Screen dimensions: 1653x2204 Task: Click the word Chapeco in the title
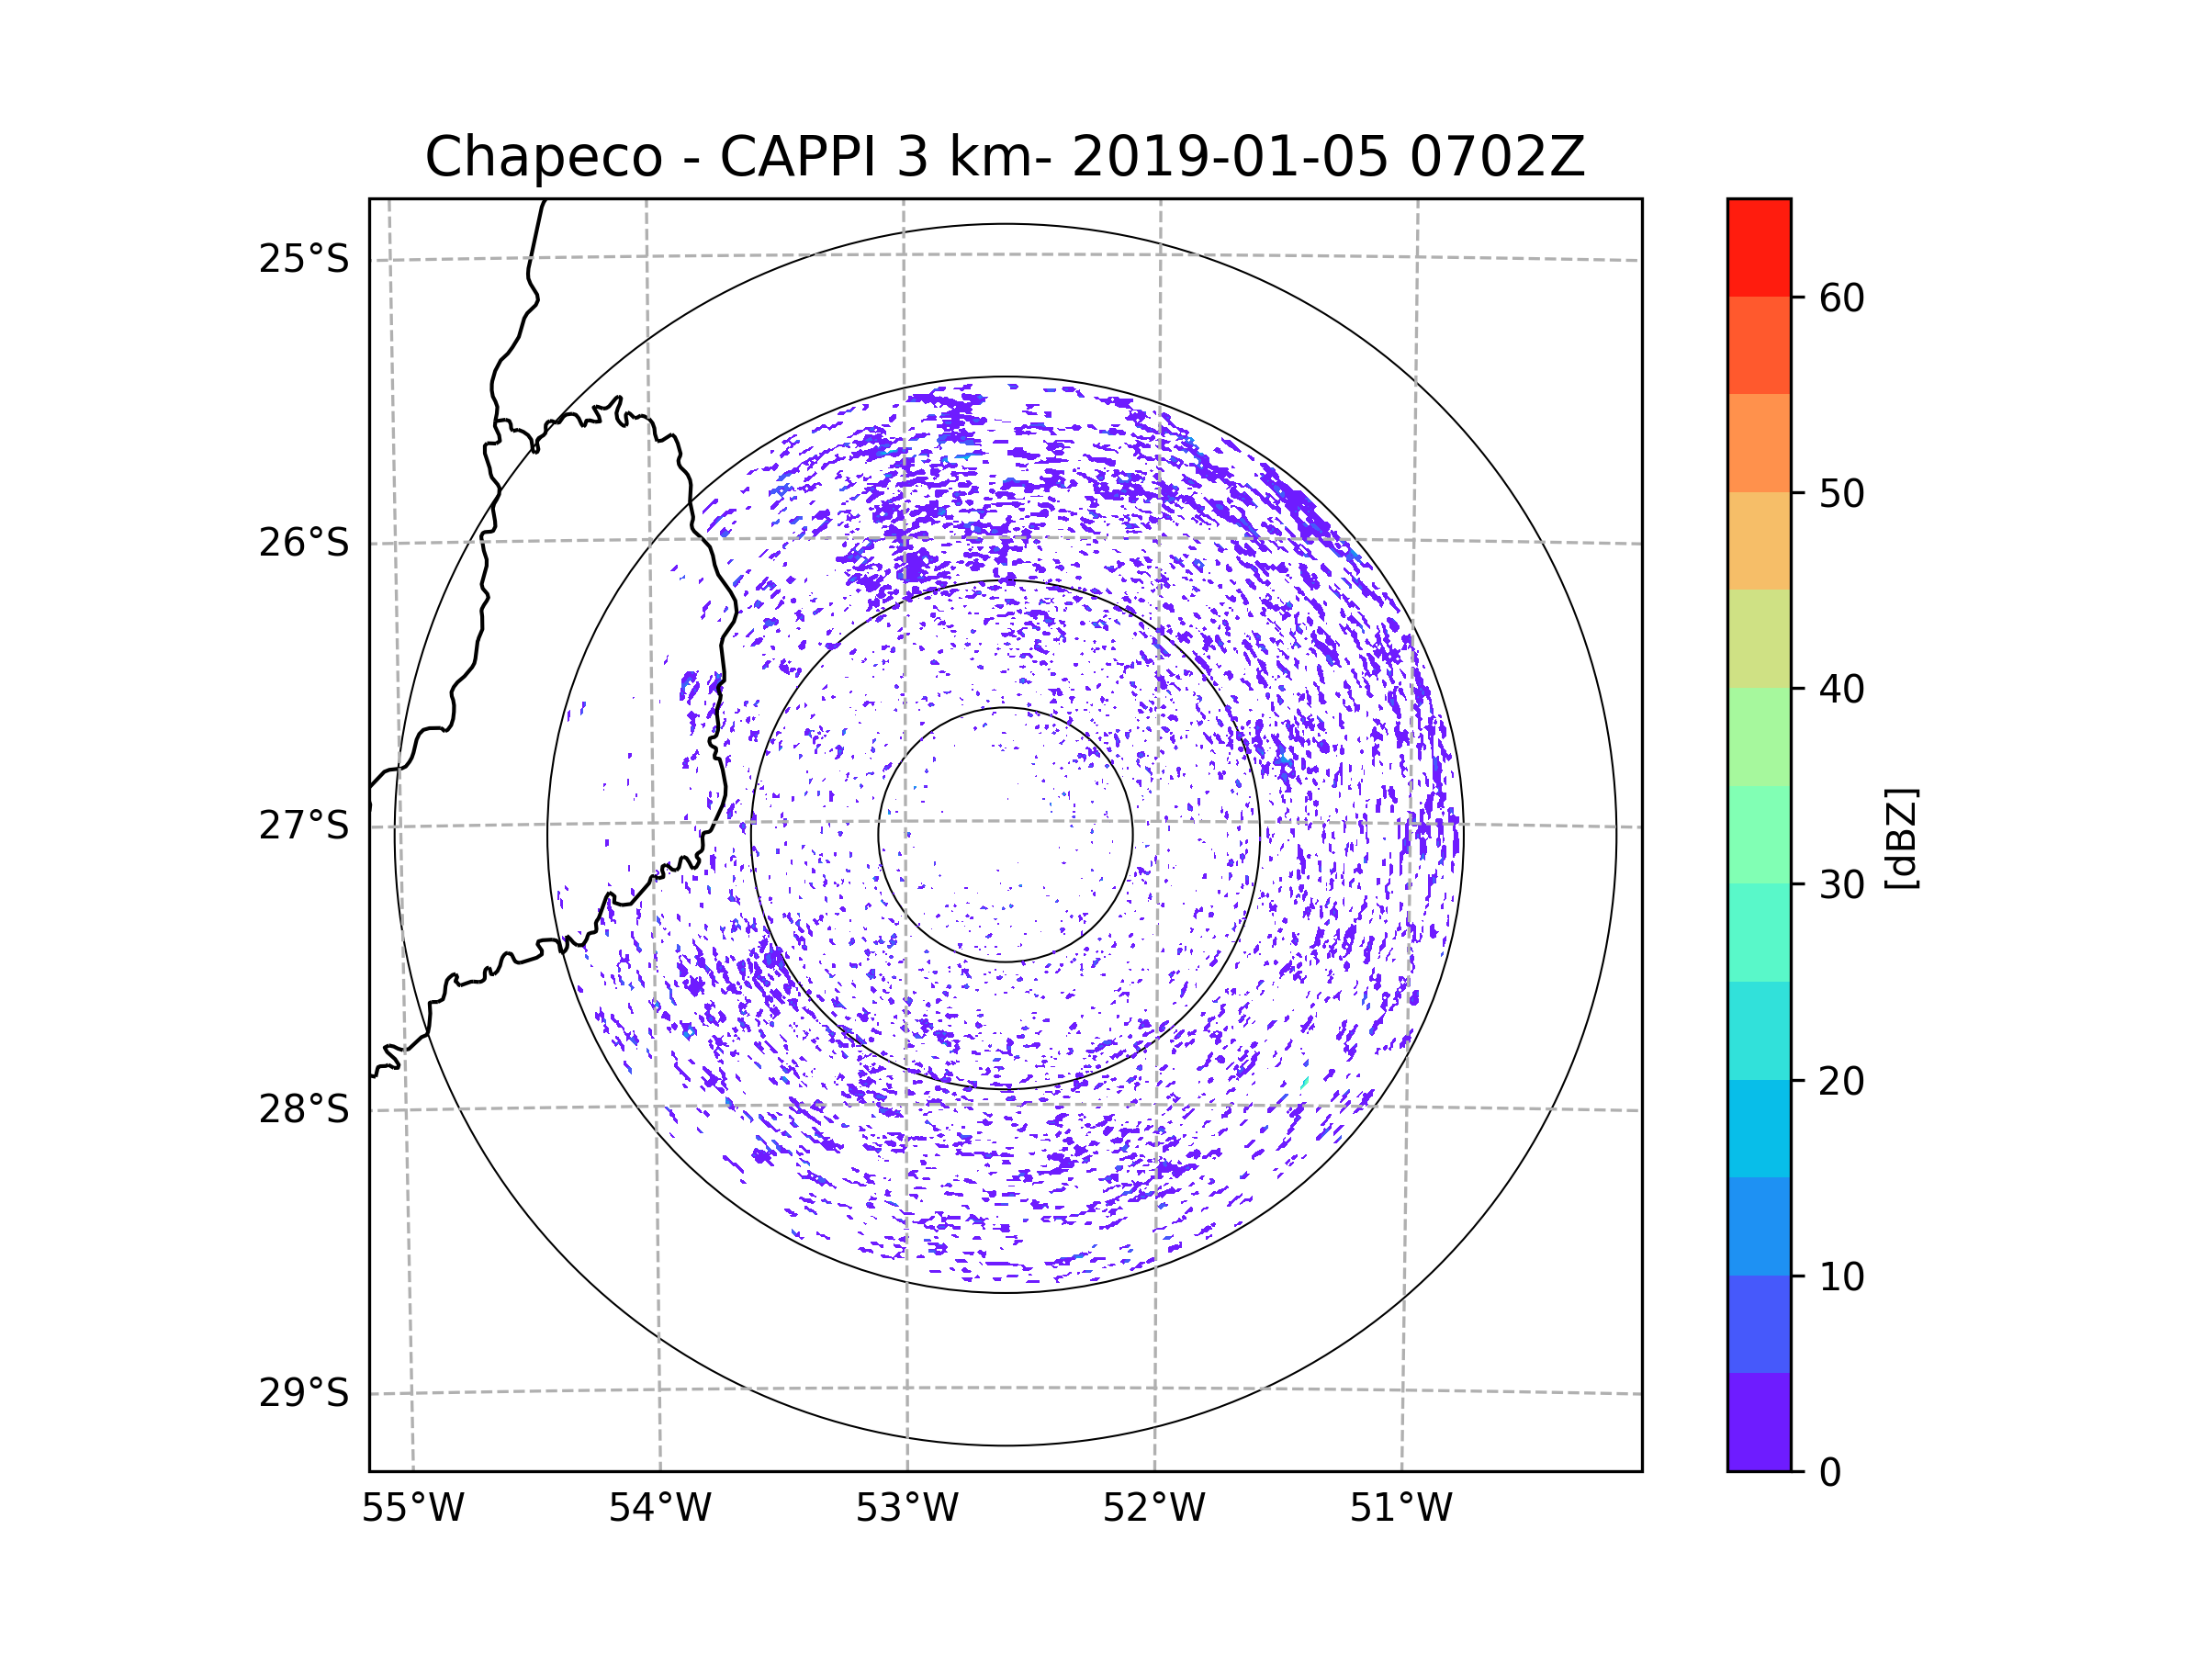(x=543, y=157)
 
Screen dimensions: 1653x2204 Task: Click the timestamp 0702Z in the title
(x=1497, y=157)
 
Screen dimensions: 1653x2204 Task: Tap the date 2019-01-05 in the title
(x=1230, y=157)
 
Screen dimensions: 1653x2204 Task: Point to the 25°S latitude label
(x=304, y=259)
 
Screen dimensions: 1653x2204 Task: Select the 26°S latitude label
(x=304, y=543)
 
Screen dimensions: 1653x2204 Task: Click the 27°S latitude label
(x=304, y=826)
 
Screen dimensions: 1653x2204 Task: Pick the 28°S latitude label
(x=304, y=1109)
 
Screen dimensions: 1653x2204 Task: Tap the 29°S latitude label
(x=304, y=1393)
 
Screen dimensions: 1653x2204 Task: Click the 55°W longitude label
(x=412, y=1509)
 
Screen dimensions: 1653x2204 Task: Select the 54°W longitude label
(x=659, y=1509)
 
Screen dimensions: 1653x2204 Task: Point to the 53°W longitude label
(x=906, y=1509)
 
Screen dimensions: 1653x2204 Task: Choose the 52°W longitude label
(x=1153, y=1509)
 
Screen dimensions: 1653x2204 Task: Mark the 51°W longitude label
(x=1400, y=1509)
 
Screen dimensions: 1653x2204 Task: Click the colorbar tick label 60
(x=1841, y=298)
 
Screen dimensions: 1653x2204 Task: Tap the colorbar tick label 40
(x=1841, y=690)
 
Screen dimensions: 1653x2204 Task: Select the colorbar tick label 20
(x=1841, y=1081)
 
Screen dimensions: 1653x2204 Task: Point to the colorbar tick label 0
(x=1830, y=1473)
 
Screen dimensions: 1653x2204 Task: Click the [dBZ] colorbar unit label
(x=1901, y=839)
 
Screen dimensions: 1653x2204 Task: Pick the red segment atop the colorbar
(x=1759, y=247)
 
